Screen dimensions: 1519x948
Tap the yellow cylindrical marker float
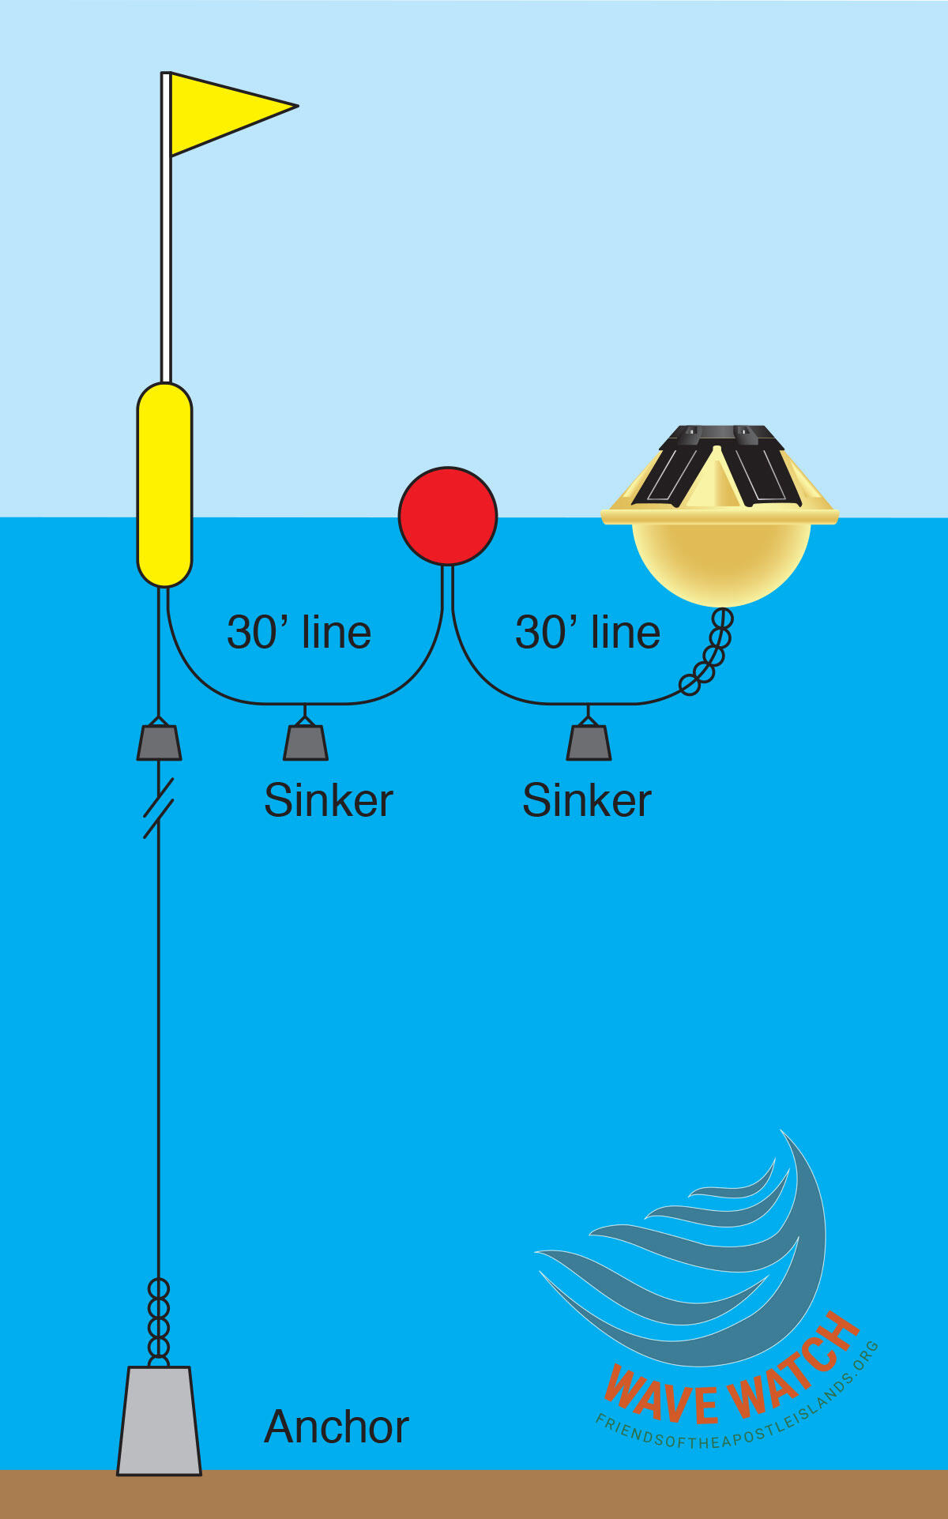point(164,484)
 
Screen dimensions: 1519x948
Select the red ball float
point(448,516)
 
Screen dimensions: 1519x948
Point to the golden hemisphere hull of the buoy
point(721,562)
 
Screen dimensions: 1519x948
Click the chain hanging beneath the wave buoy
point(711,652)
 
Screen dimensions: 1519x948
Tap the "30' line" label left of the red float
point(299,633)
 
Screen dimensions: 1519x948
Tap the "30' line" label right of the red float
point(588,633)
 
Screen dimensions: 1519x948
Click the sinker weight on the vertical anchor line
point(159,743)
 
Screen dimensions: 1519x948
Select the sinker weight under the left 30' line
point(306,743)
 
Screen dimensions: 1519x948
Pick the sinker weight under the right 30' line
point(589,743)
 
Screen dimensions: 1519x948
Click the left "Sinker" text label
point(328,800)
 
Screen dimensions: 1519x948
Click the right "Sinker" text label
point(586,800)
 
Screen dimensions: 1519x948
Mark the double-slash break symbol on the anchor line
point(159,808)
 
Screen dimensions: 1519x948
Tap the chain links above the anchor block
point(159,1320)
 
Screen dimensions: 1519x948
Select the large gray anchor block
point(159,1422)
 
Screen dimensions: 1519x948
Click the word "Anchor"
point(336,1427)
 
